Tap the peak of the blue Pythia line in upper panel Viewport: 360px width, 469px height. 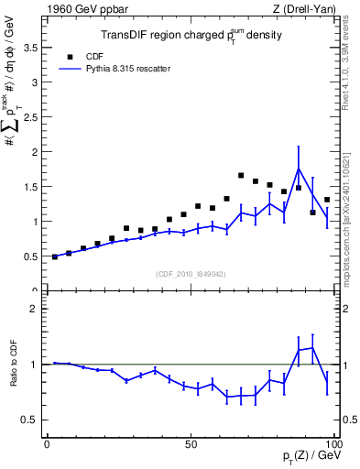(x=299, y=169)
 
